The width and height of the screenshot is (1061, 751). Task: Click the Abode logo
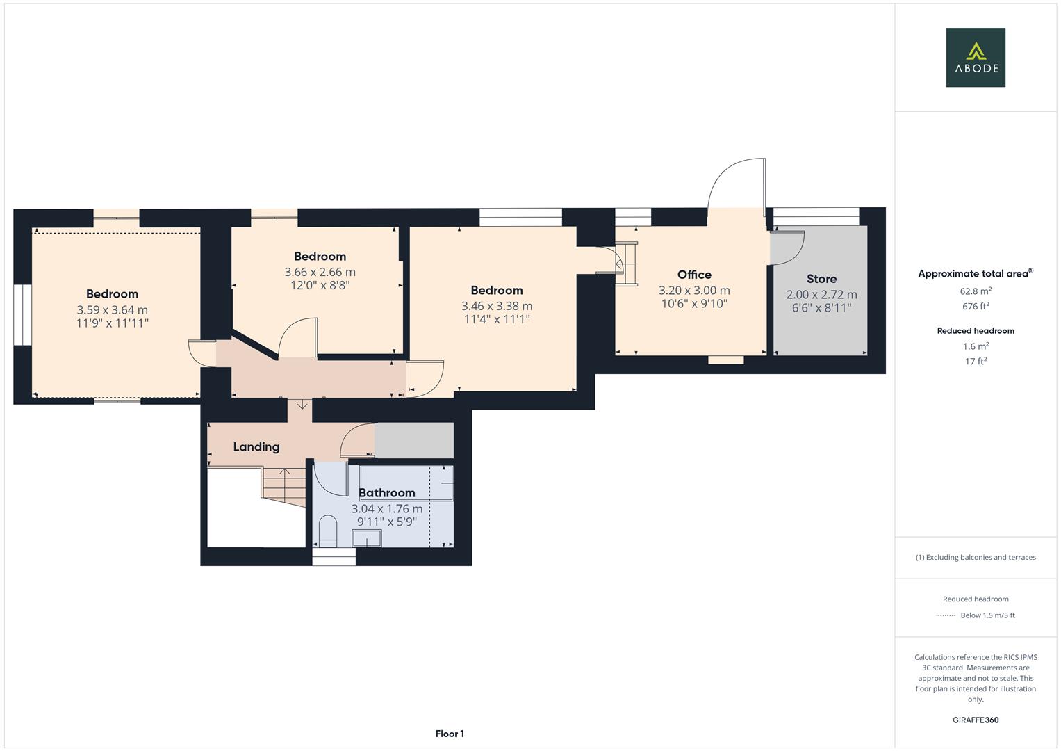975,57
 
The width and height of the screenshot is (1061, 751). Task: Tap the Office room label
693,275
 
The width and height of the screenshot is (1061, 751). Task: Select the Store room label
821,279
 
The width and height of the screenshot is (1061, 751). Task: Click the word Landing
256,447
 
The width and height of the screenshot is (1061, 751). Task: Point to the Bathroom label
387,493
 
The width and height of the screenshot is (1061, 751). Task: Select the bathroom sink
367,539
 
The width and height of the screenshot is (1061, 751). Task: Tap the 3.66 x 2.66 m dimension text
320,272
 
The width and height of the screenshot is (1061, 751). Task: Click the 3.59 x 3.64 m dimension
112,310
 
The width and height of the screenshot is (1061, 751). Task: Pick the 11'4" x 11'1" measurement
496,319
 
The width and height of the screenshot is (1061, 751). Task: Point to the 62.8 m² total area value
976,291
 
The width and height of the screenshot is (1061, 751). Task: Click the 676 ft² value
976,307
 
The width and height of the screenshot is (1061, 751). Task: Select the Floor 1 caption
450,734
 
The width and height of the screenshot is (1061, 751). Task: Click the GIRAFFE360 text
976,720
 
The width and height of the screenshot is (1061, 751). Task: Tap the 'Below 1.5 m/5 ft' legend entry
987,615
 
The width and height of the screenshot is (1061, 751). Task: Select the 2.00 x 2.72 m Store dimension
821,295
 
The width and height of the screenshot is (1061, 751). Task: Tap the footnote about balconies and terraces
976,557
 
